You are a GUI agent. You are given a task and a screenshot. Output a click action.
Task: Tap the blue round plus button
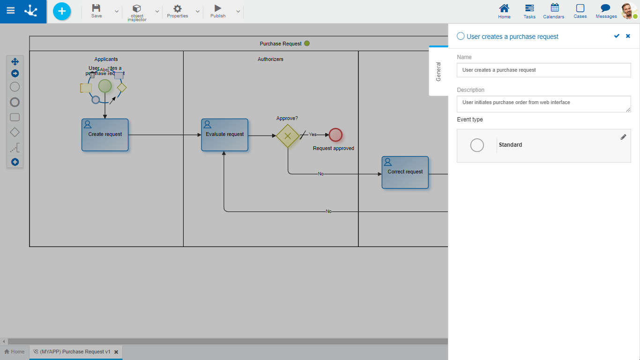[62, 11]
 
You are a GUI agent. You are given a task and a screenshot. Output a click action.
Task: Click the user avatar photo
[628, 11]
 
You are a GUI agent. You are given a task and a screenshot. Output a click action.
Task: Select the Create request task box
[105, 135]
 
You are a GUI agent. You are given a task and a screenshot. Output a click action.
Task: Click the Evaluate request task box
[225, 135]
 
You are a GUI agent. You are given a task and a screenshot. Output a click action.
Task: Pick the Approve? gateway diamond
[288, 135]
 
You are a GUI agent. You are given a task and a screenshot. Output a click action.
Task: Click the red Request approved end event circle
[335, 135]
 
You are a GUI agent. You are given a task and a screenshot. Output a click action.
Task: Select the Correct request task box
[405, 172]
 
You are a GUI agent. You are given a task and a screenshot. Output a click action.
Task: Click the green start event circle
[105, 86]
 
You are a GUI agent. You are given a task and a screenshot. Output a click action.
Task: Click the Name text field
[543, 70]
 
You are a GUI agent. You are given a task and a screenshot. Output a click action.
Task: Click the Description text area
[543, 104]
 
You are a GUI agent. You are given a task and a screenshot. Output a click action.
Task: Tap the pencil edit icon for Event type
[623, 137]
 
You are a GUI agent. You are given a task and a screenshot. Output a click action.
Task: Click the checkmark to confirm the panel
[617, 36]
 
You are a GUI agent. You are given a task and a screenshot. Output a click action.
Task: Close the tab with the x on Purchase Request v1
[116, 352]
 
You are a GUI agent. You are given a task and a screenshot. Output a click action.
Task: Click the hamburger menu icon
[10, 10]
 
